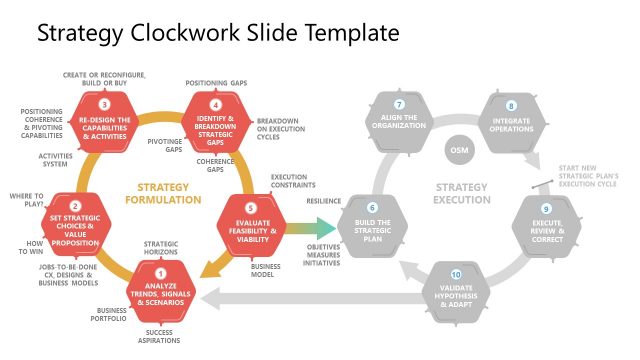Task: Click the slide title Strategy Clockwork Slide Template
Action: tap(218, 33)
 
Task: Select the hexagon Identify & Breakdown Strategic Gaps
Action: tap(216, 125)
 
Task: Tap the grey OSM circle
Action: tap(457, 151)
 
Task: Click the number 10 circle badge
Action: tap(456, 274)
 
